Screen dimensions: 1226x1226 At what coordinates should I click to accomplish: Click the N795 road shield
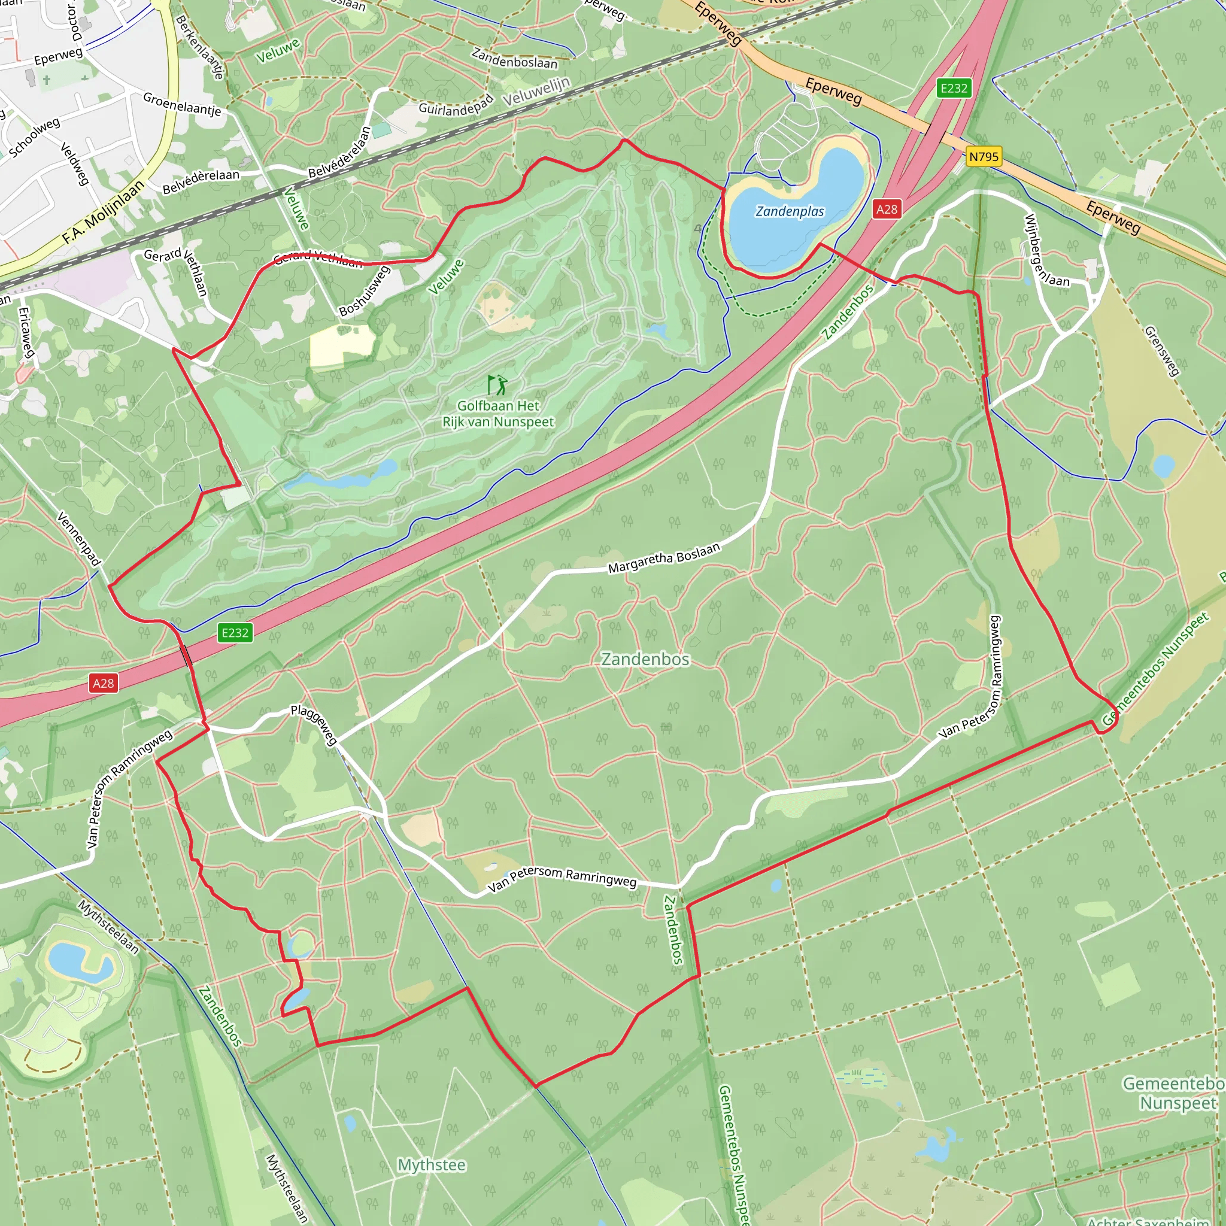[x=984, y=157]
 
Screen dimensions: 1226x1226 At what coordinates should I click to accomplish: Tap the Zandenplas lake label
[x=790, y=211]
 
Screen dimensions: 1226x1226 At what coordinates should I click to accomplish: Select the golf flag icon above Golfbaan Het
[x=497, y=384]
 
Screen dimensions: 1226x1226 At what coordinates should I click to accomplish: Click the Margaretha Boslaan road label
[x=664, y=558]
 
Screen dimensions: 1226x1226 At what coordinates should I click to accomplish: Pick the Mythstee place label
[x=432, y=1165]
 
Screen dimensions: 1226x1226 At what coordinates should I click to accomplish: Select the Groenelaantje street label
[x=182, y=104]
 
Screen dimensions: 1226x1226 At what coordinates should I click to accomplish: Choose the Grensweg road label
[x=1161, y=351]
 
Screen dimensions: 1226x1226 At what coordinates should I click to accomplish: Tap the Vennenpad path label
[x=80, y=538]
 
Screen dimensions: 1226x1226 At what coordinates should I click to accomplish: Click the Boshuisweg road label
[x=363, y=292]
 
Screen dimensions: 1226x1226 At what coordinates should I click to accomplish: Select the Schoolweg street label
[x=34, y=137]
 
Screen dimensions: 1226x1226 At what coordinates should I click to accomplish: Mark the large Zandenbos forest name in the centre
[x=645, y=659]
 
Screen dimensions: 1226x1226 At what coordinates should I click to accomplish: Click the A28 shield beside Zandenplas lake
[x=887, y=209]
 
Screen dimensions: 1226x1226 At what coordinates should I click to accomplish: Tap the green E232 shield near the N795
[x=954, y=88]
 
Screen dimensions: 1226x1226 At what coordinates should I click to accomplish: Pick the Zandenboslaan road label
[x=514, y=57]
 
